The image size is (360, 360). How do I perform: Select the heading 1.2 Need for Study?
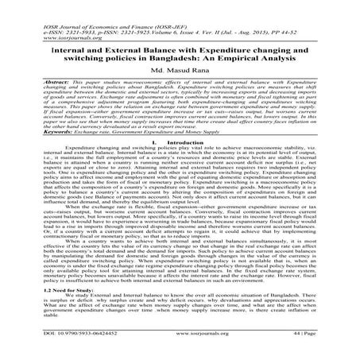click(x=41, y=291)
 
